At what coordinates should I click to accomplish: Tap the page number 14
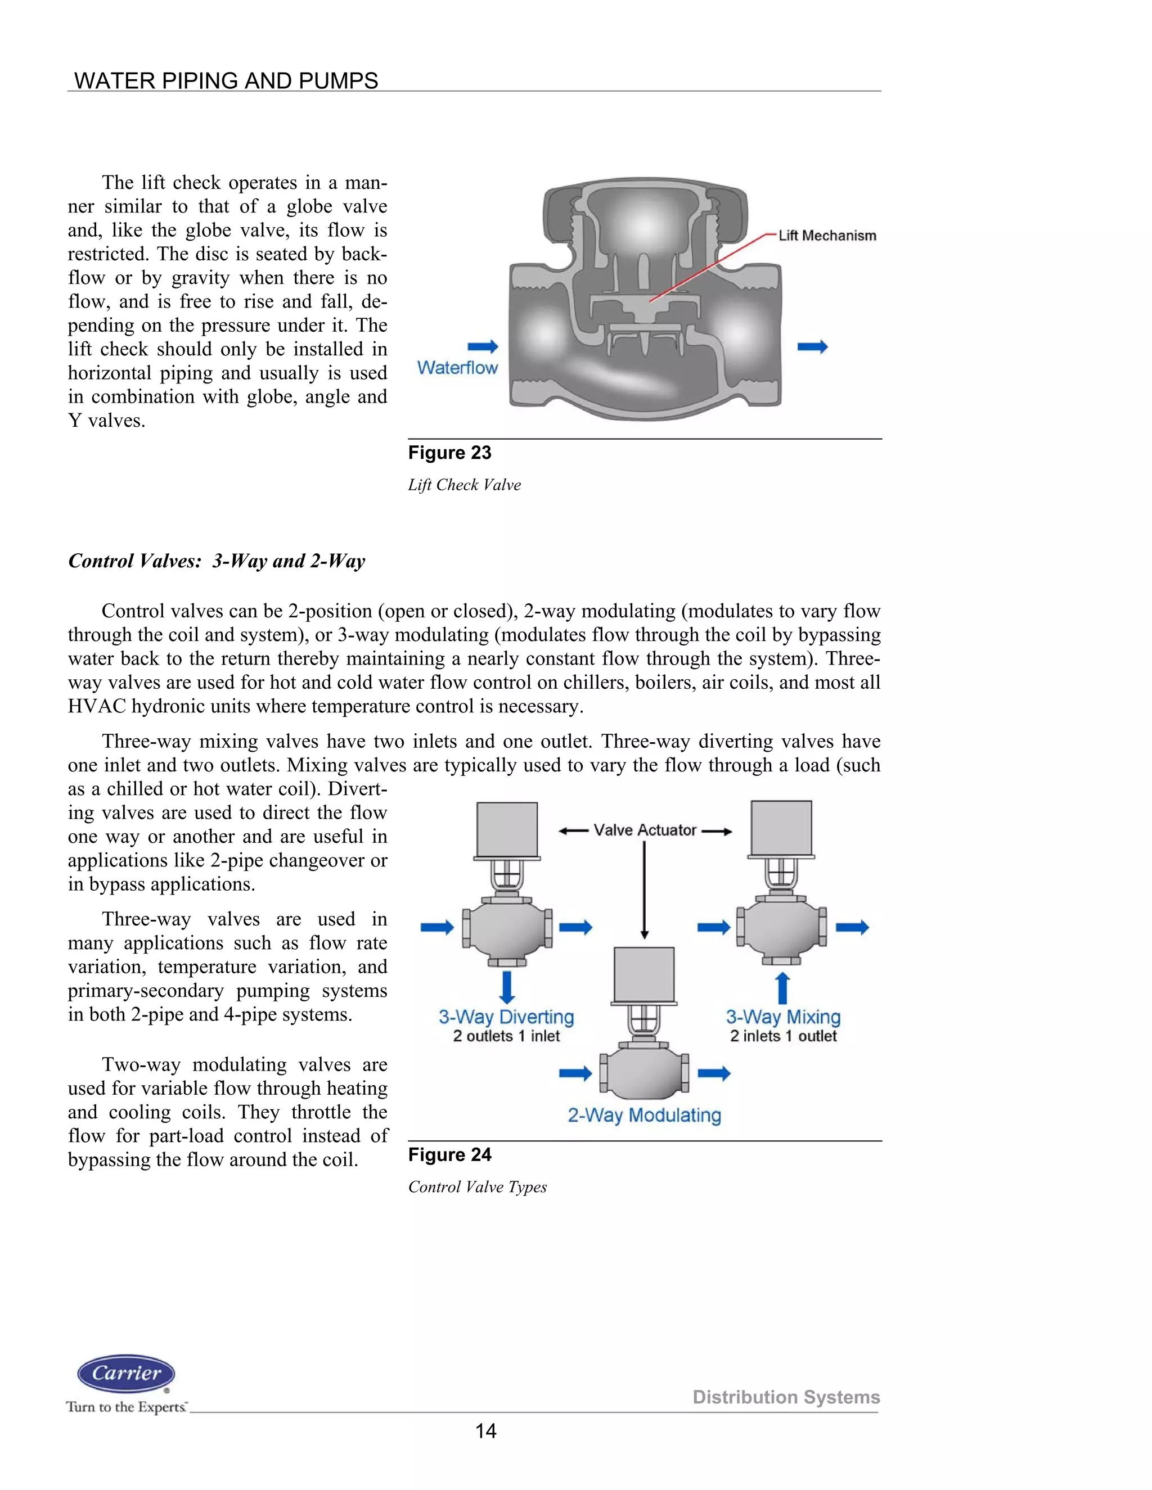pyautogui.click(x=485, y=1430)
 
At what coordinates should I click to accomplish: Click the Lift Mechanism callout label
pyautogui.click(x=827, y=236)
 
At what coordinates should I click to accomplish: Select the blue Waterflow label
pyautogui.click(x=457, y=368)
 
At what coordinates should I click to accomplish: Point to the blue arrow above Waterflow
pyautogui.click(x=483, y=346)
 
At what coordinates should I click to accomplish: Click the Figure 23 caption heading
pyautogui.click(x=450, y=453)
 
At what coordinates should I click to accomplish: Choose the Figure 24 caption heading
pyautogui.click(x=450, y=1154)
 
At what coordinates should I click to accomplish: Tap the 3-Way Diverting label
pyautogui.click(x=506, y=1017)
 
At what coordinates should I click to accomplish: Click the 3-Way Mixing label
pyautogui.click(x=783, y=1017)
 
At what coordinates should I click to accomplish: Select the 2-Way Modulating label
pyautogui.click(x=644, y=1115)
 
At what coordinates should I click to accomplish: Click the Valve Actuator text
pyautogui.click(x=645, y=830)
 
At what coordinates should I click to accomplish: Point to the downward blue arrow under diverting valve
pyautogui.click(x=506, y=986)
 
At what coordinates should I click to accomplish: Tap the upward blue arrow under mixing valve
pyautogui.click(x=783, y=988)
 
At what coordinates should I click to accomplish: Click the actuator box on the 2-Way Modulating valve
pyautogui.click(x=643, y=974)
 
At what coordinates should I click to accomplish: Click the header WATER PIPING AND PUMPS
pyautogui.click(x=226, y=80)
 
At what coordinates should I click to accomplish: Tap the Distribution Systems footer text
pyautogui.click(x=786, y=1397)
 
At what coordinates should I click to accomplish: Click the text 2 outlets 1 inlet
pyautogui.click(x=506, y=1036)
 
